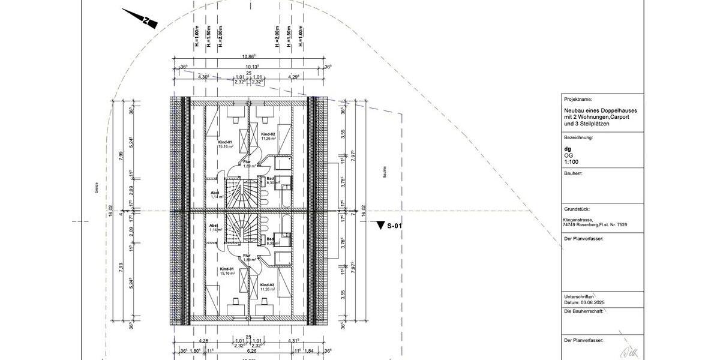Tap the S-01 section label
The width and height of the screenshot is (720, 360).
(x=394, y=226)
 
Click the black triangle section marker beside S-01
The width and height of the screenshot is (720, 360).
(x=379, y=226)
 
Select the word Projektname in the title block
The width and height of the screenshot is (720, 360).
(x=578, y=98)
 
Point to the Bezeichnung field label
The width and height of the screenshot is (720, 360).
(x=578, y=137)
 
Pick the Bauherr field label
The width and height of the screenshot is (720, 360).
(x=574, y=173)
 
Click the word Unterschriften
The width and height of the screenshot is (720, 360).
(x=579, y=296)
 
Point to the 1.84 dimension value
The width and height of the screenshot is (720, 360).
(x=310, y=351)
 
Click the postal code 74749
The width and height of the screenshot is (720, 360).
(x=571, y=226)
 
